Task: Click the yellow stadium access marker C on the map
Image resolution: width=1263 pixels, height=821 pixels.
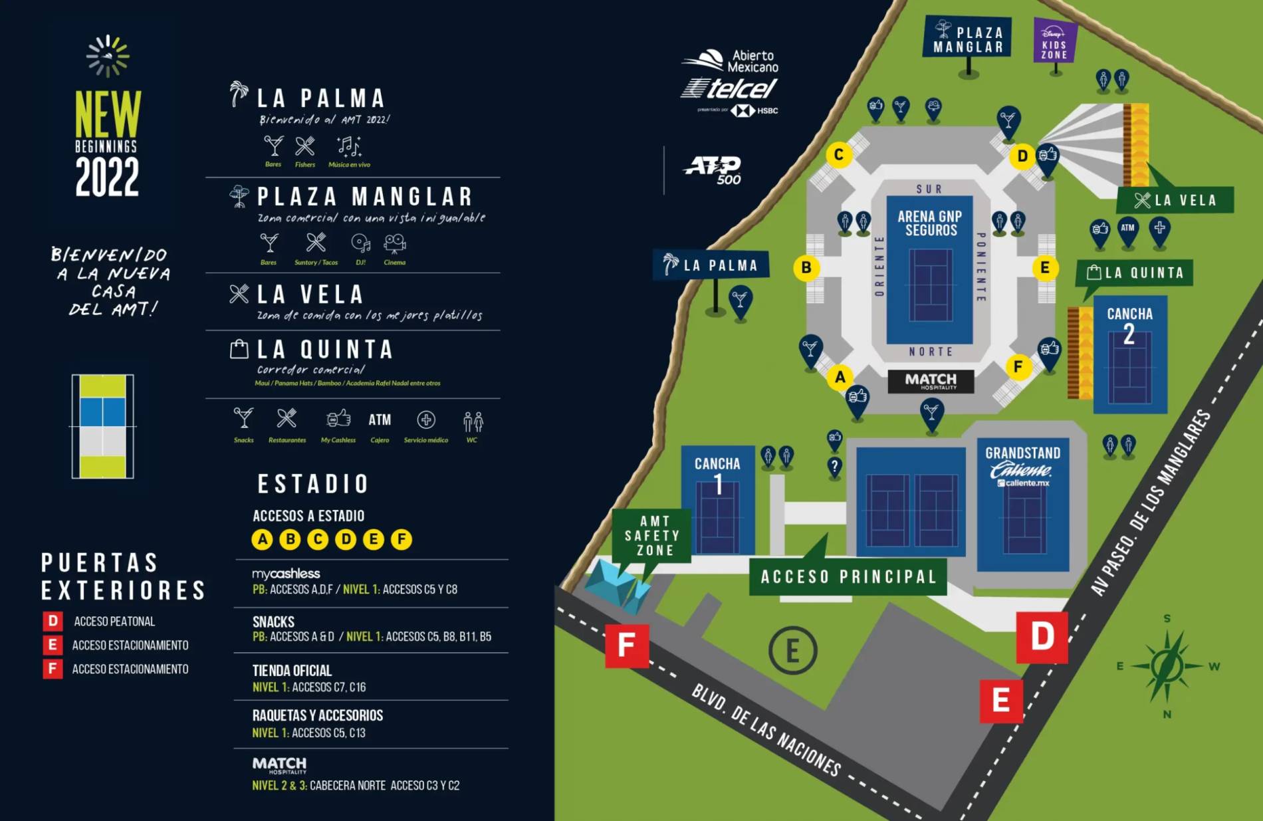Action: pos(839,155)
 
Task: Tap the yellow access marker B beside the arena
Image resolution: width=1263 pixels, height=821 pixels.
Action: pos(806,267)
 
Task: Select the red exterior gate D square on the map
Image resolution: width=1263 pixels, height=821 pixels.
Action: pos(1042,637)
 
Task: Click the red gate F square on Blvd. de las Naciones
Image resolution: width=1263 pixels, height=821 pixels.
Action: pos(626,645)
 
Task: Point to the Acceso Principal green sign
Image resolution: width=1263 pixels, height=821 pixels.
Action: pos(848,576)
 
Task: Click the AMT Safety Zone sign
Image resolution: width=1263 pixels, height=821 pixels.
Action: pos(652,536)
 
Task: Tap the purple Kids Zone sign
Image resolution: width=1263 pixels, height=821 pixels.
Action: pos(1054,41)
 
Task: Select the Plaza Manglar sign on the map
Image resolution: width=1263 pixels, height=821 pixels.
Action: pos(968,39)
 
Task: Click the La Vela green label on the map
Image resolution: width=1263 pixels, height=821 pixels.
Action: pos(1175,200)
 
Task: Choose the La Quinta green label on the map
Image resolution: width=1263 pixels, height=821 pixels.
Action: pos(1135,273)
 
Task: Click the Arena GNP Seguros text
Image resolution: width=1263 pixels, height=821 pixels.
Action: pos(930,223)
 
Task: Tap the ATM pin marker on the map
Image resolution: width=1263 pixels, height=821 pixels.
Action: pos(1128,229)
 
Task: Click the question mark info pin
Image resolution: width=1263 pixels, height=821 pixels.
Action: pos(834,467)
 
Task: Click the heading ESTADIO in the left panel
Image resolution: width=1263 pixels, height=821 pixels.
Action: pos(313,484)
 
